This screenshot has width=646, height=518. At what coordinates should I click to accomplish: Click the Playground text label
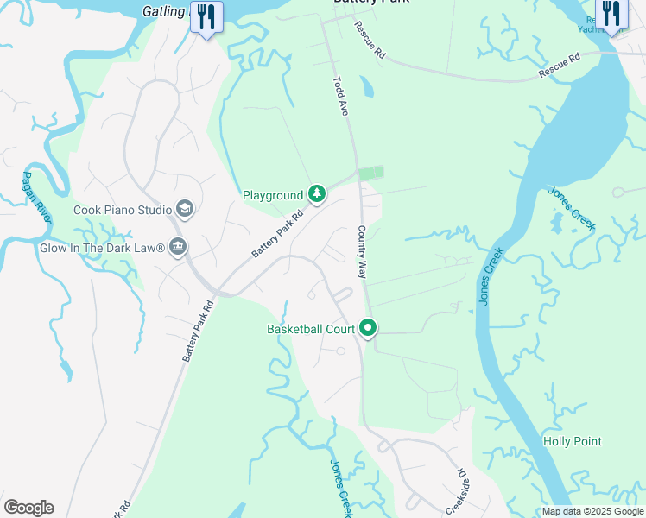(x=273, y=196)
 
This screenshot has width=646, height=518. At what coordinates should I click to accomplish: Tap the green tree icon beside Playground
(x=317, y=194)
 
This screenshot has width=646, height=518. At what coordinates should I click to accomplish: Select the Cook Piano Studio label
(x=123, y=210)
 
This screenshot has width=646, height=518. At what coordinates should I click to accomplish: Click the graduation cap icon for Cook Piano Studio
(x=184, y=209)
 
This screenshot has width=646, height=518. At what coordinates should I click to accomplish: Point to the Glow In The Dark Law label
(x=102, y=248)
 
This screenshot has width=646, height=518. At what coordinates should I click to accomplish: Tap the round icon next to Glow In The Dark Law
(x=178, y=248)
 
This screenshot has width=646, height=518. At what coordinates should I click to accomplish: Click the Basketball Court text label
(x=311, y=329)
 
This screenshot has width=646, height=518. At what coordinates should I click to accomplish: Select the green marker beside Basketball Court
(x=369, y=328)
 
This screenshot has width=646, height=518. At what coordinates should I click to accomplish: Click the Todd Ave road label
(x=341, y=95)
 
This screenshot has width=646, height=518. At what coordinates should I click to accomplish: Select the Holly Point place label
(x=572, y=441)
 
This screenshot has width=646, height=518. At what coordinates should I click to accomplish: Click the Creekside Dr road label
(x=455, y=493)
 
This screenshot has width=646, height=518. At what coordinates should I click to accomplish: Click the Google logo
(x=28, y=508)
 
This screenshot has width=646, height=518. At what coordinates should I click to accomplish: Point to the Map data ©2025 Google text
(x=592, y=511)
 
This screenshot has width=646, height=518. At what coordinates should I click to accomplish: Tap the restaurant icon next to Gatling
(x=206, y=18)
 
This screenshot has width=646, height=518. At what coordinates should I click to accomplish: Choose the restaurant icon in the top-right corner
(x=611, y=15)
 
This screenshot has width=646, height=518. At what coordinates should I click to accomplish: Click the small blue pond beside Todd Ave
(x=366, y=86)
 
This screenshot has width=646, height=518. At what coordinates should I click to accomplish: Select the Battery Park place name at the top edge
(x=371, y=3)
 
